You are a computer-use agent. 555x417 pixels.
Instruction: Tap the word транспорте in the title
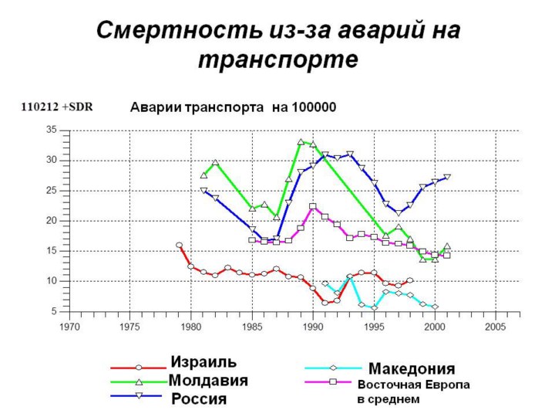click(x=277, y=58)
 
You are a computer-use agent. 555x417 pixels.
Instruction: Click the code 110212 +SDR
click(x=57, y=107)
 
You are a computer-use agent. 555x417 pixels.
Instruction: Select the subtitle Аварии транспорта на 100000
click(x=232, y=107)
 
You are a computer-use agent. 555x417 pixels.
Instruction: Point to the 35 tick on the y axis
click(x=52, y=130)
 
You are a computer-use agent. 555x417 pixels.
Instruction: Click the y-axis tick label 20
click(x=52, y=221)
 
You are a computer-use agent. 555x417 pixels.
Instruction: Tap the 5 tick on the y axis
click(x=54, y=311)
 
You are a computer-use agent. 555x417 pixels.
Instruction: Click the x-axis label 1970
click(x=69, y=327)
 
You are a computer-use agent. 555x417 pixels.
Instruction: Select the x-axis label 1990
click(x=312, y=327)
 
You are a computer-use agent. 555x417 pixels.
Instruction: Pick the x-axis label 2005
click(x=495, y=327)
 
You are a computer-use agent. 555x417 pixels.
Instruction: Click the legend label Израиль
click(x=203, y=362)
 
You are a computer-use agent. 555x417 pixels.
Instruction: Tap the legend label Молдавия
click(x=208, y=380)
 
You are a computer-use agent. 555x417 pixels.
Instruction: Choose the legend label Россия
click(x=199, y=398)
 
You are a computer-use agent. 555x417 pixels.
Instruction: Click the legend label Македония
click(x=411, y=368)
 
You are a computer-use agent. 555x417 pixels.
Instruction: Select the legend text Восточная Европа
click(x=413, y=384)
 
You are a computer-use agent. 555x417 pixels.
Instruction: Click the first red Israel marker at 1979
click(x=179, y=246)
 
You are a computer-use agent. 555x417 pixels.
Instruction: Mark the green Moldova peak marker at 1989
click(x=301, y=142)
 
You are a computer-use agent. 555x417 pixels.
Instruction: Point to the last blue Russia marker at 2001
click(x=447, y=178)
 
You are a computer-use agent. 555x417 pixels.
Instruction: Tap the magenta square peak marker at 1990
click(x=312, y=206)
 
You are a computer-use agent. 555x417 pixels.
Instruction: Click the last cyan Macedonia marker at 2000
click(x=435, y=307)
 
